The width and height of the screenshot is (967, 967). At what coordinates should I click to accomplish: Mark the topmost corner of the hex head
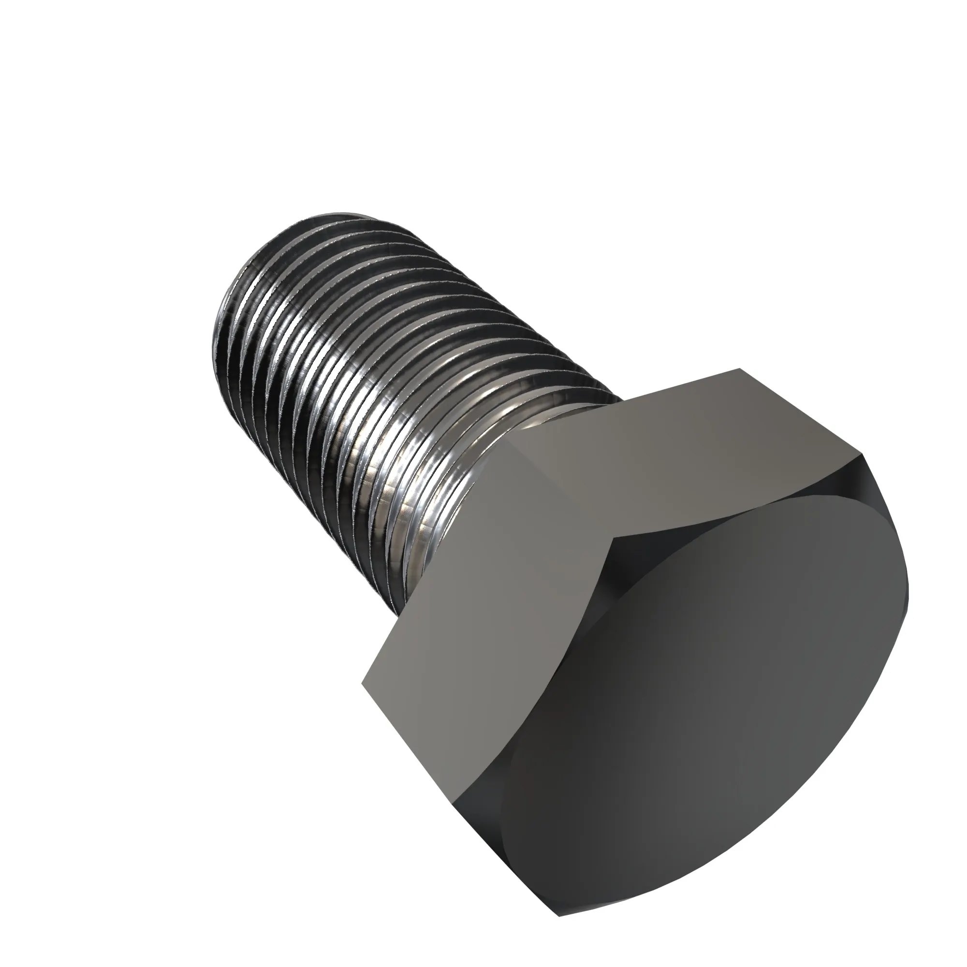740,369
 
